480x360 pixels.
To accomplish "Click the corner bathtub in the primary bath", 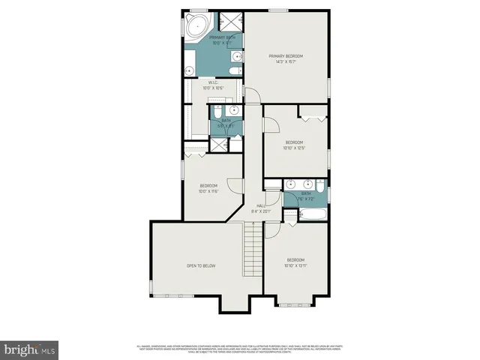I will (197, 28).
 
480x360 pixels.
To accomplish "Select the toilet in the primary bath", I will (234, 71).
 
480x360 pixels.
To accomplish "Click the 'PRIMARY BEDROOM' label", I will (287, 55).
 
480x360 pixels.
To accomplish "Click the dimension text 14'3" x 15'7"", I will (287, 61).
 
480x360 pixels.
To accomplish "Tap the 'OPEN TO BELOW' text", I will (201, 265).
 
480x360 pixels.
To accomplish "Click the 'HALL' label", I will (261, 205).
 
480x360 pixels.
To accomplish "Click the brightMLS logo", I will (30, 349).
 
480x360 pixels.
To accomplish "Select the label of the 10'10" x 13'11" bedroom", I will (295, 259).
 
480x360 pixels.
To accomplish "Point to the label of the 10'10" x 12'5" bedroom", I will (294, 142).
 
